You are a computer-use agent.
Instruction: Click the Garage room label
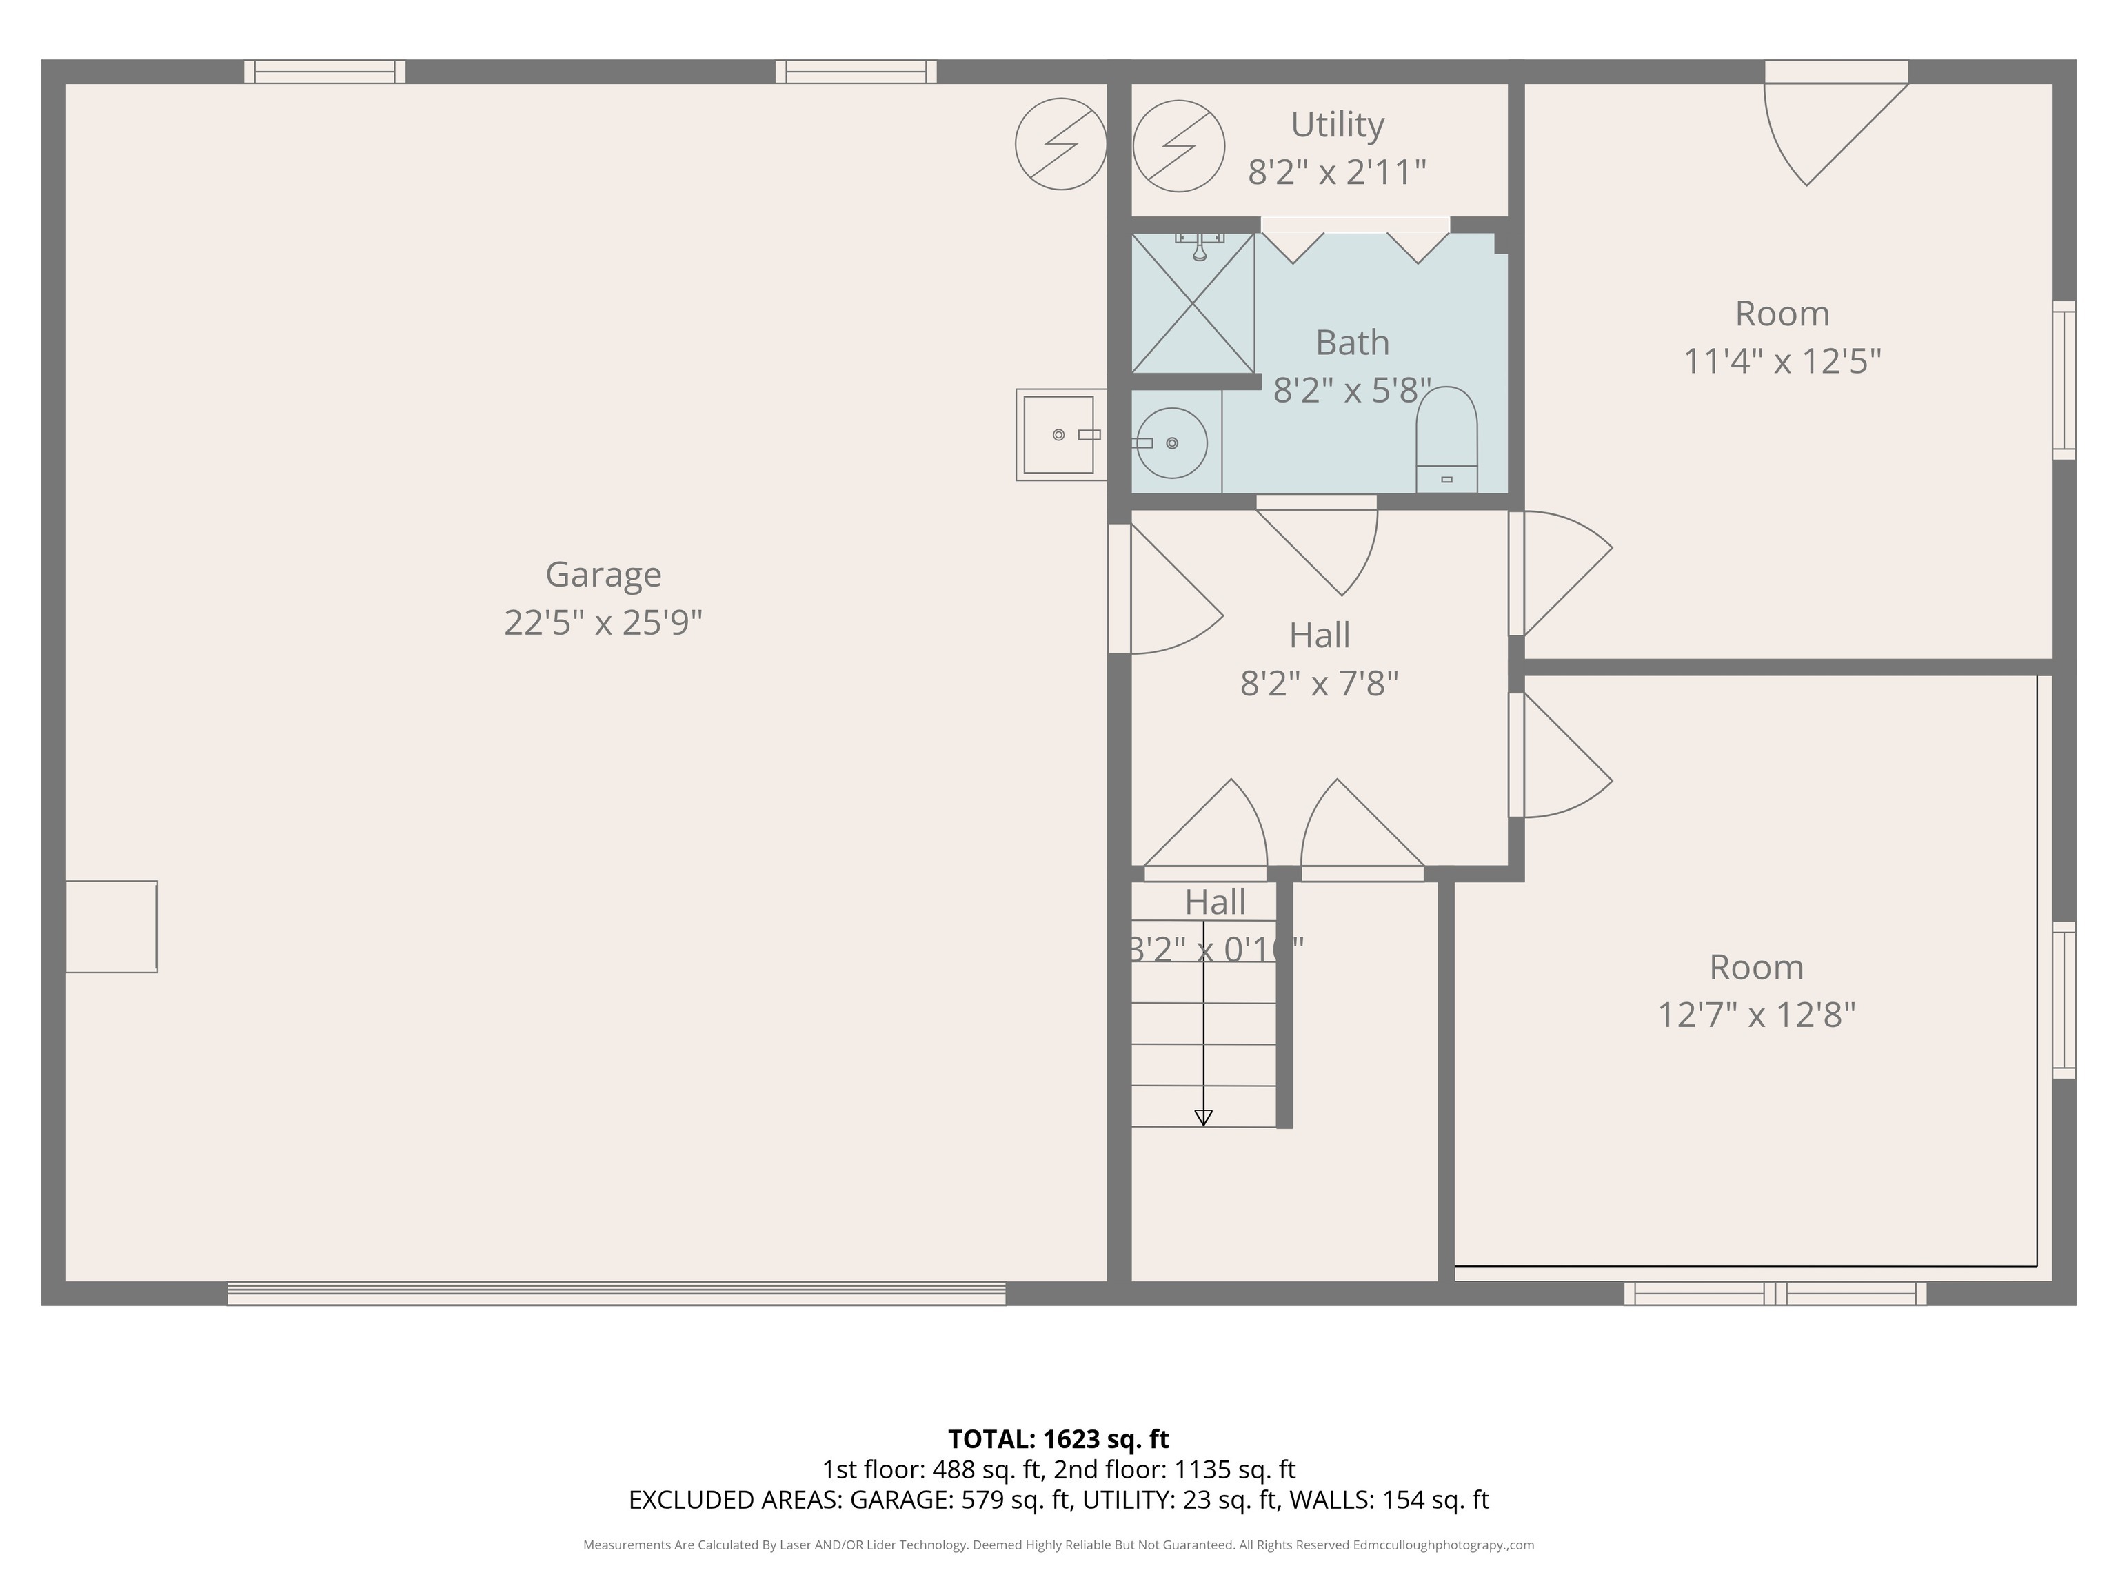point(603,574)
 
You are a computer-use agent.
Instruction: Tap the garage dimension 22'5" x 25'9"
point(603,623)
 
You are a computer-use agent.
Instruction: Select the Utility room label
point(1337,125)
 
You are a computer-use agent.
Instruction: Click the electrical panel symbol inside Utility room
point(1179,145)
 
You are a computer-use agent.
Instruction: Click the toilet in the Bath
point(1446,440)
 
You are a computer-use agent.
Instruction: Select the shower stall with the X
point(1192,303)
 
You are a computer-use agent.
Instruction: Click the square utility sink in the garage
point(1059,435)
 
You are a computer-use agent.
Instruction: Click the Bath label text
point(1352,343)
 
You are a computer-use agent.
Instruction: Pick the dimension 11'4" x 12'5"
point(1782,362)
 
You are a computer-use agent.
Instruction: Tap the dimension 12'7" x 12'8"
point(1756,1015)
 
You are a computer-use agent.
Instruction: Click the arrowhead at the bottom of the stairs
point(1204,1117)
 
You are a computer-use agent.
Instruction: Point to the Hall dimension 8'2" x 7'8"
point(1320,684)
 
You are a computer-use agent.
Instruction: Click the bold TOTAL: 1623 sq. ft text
point(1058,1438)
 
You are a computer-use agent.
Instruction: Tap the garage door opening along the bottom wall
point(616,1293)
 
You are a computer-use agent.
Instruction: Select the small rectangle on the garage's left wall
point(111,926)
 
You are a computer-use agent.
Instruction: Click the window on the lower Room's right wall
point(2064,1000)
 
